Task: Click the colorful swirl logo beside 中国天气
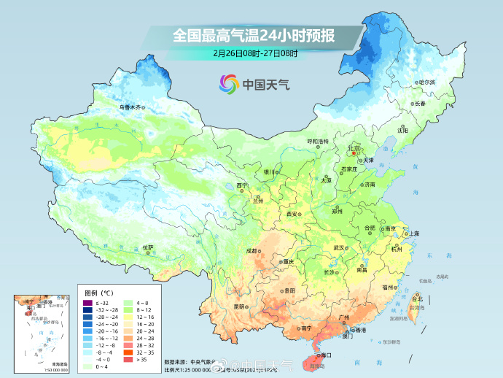coord(227,84)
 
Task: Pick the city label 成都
coord(251,250)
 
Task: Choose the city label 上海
coord(414,234)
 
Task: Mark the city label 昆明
coord(239,306)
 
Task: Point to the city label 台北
coord(417,299)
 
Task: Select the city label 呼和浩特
coord(317,141)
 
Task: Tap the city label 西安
coord(292,214)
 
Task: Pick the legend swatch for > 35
coord(128,359)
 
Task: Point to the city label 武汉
coord(338,247)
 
